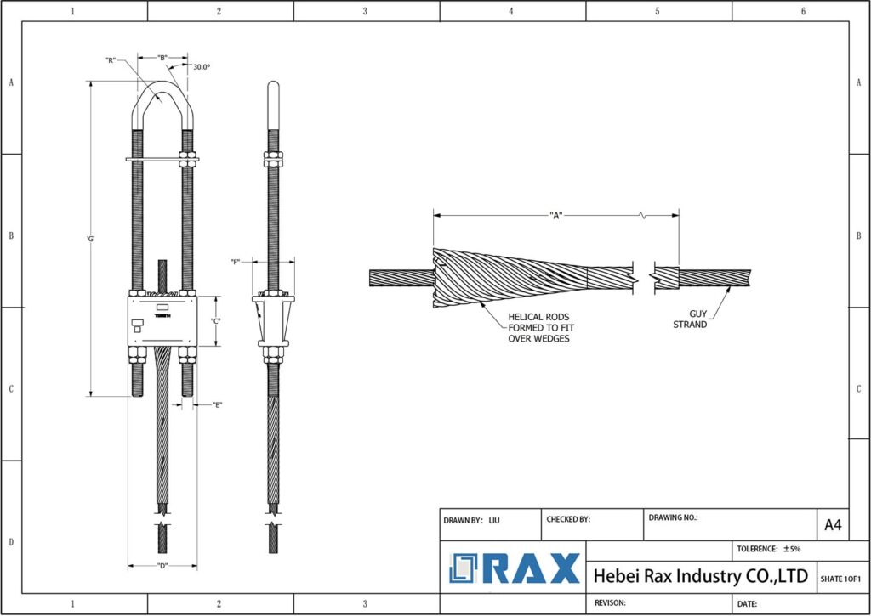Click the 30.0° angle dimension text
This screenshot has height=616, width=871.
(x=202, y=66)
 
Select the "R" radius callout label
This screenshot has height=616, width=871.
(x=111, y=60)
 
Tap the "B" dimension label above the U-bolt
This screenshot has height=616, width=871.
(x=162, y=58)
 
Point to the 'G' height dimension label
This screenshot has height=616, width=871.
(x=90, y=239)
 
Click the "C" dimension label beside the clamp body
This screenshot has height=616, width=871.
(x=216, y=320)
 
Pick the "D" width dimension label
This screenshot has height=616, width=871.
(x=162, y=566)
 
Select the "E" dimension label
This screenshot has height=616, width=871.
(x=218, y=405)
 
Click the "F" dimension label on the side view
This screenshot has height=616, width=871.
(x=236, y=262)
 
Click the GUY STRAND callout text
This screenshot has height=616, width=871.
(x=690, y=319)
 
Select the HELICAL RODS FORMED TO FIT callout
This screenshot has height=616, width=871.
(x=538, y=327)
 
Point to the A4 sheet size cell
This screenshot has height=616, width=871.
(x=833, y=525)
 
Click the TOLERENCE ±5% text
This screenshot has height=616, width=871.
(x=768, y=549)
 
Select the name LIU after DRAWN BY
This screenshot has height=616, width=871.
(x=494, y=519)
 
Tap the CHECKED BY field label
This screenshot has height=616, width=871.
(x=568, y=519)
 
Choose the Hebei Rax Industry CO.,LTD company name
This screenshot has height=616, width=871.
(x=699, y=576)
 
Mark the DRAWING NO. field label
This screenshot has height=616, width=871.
(x=673, y=517)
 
